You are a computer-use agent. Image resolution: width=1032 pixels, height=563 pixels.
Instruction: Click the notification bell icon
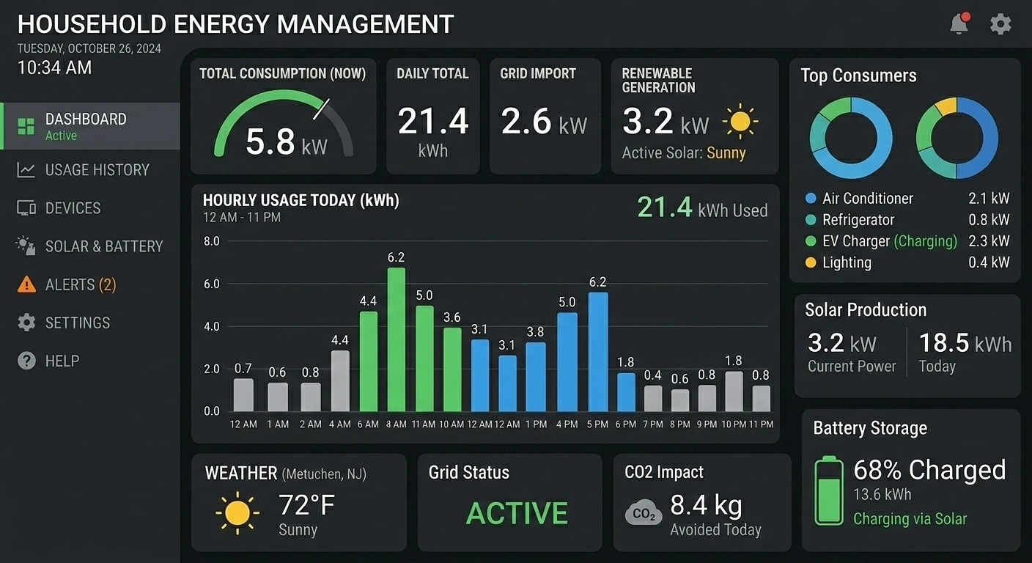[x=959, y=24]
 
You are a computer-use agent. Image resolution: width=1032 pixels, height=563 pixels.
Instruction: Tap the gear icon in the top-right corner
[x=1000, y=24]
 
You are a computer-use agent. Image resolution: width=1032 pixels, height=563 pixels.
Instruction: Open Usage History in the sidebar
[x=97, y=170]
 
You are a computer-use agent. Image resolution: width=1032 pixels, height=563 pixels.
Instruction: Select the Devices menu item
[x=73, y=208]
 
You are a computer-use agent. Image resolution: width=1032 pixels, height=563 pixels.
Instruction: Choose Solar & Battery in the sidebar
[x=103, y=246]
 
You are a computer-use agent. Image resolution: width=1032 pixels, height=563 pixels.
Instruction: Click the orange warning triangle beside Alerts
[x=26, y=284]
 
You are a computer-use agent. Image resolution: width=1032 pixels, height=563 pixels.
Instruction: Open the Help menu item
[x=62, y=361]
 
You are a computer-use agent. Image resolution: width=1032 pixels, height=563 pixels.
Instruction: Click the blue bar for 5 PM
[x=598, y=352]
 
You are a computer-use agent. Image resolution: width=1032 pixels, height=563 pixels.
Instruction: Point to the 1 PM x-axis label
[x=536, y=424]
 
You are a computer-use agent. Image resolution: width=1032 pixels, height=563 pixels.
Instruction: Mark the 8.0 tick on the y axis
[x=211, y=241]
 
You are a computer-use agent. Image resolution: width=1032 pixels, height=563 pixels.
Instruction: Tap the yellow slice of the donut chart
[x=946, y=106]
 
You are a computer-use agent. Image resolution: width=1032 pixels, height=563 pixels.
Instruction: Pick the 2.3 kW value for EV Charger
[x=989, y=241]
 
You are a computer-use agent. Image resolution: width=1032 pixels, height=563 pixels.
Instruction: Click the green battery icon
[x=829, y=490]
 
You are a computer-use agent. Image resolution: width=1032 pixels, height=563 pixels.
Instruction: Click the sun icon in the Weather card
[x=237, y=512]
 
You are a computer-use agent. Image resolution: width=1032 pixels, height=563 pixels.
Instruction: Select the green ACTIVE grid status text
[x=517, y=513]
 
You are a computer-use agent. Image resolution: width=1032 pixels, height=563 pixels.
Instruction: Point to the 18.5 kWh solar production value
[x=965, y=343]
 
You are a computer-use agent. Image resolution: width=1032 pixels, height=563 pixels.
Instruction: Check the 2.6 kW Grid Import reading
[x=544, y=122]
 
